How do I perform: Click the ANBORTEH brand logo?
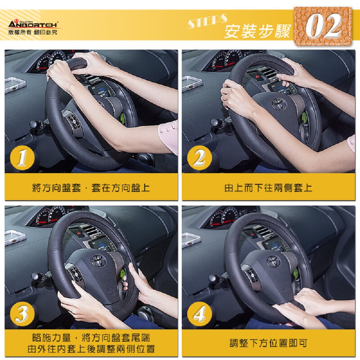coord(33,24)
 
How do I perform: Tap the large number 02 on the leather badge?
coord(323,26)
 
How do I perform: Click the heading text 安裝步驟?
coord(257,31)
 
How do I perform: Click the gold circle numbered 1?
coord(22,158)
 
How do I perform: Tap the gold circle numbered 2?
coord(199,158)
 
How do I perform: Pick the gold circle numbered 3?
coord(22,314)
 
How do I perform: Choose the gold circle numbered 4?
coord(199,314)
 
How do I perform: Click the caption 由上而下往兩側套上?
coord(268,188)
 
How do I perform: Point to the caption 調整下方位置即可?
coord(268,343)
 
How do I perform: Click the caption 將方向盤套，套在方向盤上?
coord(91,188)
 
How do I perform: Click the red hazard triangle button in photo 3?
coord(79,233)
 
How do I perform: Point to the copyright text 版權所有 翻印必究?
coord(33,32)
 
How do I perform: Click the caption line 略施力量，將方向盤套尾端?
coord(91,338)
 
